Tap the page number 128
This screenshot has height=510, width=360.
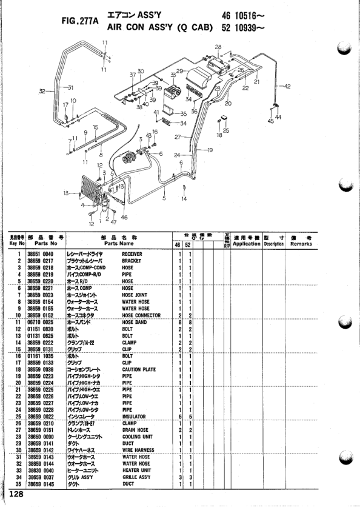coord(16,494)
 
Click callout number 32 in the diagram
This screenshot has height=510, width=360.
coord(42,92)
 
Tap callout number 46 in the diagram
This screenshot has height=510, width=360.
coord(124,216)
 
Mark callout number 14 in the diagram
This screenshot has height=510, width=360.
coord(184,198)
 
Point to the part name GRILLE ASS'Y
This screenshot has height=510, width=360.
coord(137,478)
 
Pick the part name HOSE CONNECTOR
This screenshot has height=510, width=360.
coord(141,315)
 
